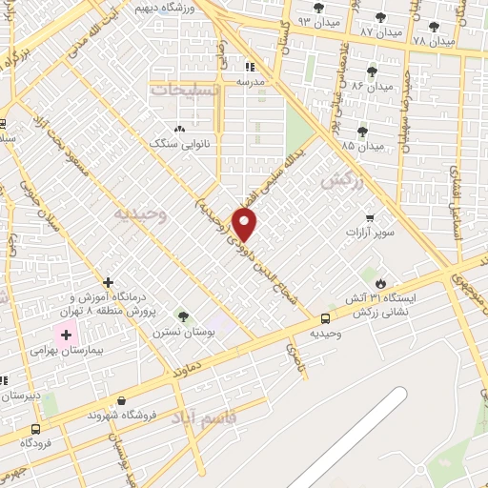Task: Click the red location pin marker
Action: [x=245, y=224]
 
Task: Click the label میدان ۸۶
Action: [x=372, y=86]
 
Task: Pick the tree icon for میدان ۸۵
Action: [x=361, y=132]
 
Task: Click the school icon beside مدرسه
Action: [x=251, y=67]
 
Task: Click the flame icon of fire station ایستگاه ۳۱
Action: [x=380, y=283]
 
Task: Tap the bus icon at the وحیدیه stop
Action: [x=326, y=319]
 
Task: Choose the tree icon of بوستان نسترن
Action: [x=183, y=315]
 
